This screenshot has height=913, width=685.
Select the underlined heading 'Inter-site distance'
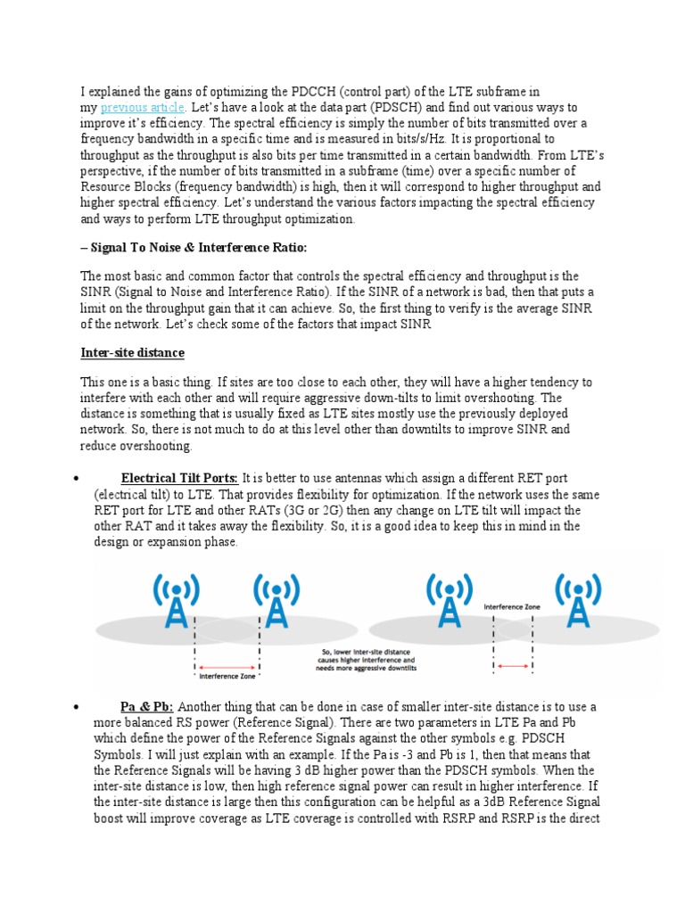(132, 353)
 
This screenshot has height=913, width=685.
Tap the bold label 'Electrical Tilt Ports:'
(180, 478)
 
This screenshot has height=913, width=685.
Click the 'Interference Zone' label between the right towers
(511, 606)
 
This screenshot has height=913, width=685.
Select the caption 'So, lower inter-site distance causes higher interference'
(367, 659)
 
